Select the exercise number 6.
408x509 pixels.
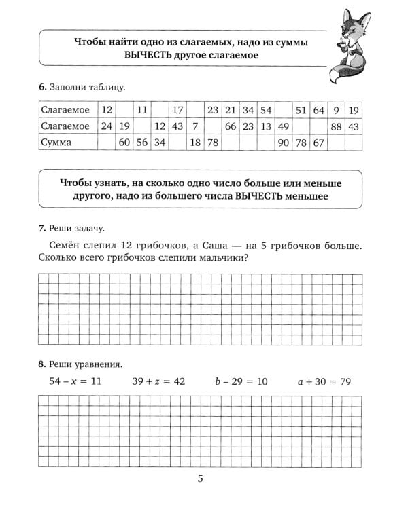point(42,87)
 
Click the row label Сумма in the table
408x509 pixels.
point(56,143)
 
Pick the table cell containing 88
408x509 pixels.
point(336,126)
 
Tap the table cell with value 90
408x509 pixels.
point(284,143)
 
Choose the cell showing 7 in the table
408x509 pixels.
point(194,126)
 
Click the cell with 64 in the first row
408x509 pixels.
point(319,110)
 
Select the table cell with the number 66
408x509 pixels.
point(231,126)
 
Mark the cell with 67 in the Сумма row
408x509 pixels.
point(319,143)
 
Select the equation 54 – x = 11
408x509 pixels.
point(75,381)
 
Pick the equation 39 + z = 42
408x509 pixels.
point(158,381)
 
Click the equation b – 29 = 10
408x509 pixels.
point(241,381)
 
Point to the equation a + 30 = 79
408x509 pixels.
point(324,381)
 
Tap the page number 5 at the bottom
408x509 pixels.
point(201,480)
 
